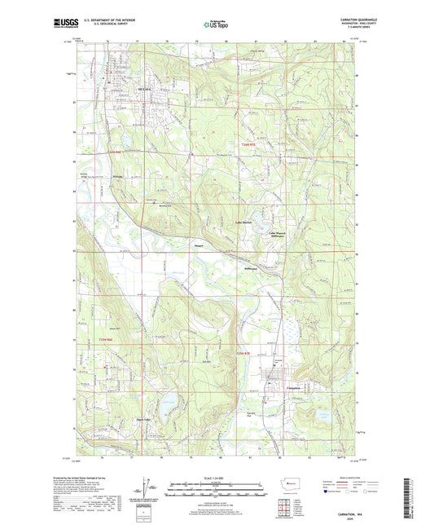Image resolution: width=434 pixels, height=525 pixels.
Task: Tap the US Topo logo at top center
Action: click(216, 25)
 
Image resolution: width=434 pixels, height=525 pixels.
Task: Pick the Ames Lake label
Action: click(143, 421)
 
